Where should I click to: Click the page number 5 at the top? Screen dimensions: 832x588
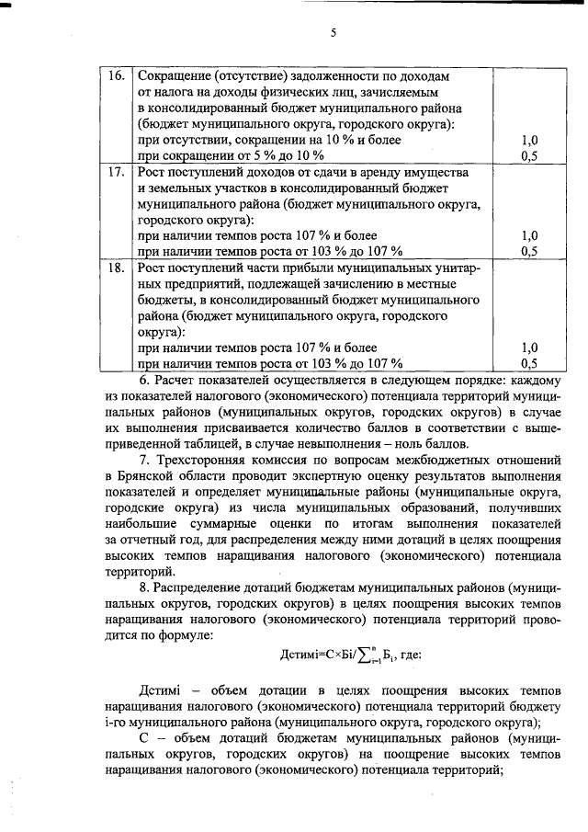pos(334,35)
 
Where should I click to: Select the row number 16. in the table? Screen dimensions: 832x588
pos(116,75)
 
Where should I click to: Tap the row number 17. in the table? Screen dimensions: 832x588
pos(116,172)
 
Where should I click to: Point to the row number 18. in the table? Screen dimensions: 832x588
pos(116,268)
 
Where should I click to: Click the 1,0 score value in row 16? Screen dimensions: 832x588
pos(529,140)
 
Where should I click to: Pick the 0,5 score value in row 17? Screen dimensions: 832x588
pos(529,250)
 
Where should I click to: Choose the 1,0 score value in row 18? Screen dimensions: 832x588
pos(529,348)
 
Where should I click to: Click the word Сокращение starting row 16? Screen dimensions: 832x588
pos(174,75)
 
